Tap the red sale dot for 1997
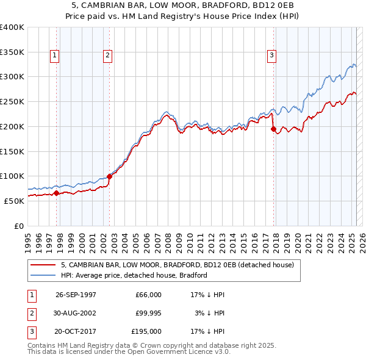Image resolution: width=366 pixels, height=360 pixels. click(57, 193)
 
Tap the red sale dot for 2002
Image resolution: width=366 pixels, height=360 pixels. click(110, 176)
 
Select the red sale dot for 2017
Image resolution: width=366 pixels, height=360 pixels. click(273, 129)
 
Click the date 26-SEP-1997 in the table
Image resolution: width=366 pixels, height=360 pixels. click(76, 295)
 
